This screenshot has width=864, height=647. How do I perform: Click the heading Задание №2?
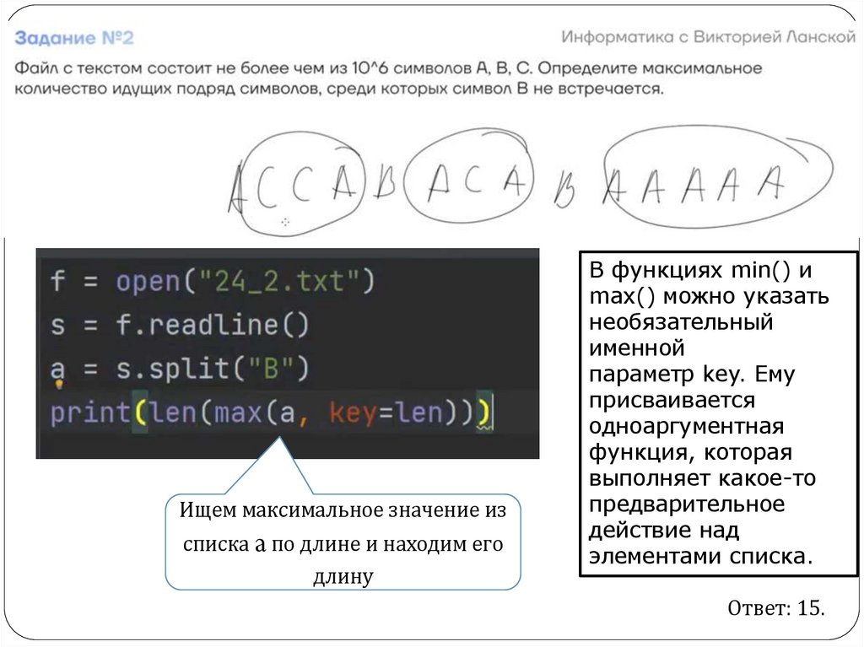click(74, 39)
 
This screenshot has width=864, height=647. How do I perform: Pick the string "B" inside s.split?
click(276, 369)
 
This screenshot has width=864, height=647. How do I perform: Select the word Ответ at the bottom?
click(756, 609)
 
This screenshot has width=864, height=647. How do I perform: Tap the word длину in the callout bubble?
click(343, 577)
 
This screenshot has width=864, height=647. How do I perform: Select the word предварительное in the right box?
click(687, 504)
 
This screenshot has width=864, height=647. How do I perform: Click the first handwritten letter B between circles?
click(385, 181)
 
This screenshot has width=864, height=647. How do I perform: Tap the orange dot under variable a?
click(60, 384)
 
